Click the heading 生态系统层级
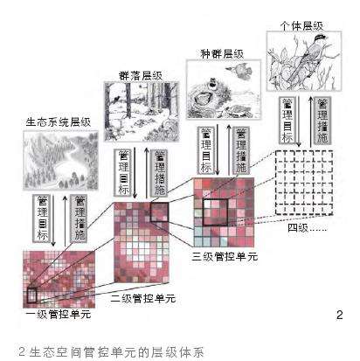[x=59, y=122]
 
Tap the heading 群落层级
[x=141, y=76]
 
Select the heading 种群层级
[x=222, y=54]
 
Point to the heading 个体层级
[x=301, y=26]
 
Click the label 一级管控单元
[x=59, y=314]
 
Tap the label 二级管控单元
[x=143, y=299]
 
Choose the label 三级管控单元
[x=225, y=256]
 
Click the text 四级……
[x=307, y=227]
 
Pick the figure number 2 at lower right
[x=339, y=315]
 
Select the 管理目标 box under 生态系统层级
[x=42, y=218]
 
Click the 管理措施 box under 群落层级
[x=160, y=172]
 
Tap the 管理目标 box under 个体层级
[x=287, y=121]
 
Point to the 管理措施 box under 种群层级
[x=241, y=150]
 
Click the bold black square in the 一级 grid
[x=31, y=295]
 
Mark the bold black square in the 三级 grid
[x=215, y=212]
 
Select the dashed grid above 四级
[x=304, y=183]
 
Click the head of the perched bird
[x=320, y=38]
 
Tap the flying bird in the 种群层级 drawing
[x=239, y=71]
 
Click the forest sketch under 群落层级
[x=142, y=112]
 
